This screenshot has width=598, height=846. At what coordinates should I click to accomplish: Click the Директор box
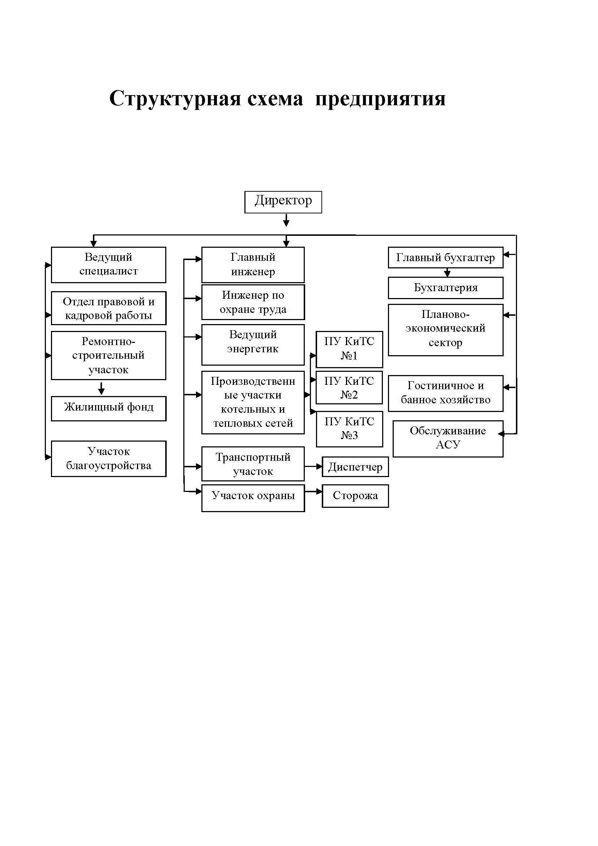(283, 202)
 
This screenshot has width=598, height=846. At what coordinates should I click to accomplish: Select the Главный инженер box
(253, 264)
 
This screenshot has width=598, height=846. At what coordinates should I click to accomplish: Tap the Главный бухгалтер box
(445, 258)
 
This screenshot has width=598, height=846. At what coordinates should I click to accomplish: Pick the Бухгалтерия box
(445, 288)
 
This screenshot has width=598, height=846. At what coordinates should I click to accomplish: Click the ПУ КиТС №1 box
(349, 349)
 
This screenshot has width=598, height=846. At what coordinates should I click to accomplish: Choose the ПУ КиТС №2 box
(349, 388)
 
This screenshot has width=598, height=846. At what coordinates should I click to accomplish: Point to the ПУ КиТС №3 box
(349, 429)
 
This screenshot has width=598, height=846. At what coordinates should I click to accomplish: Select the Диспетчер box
(355, 467)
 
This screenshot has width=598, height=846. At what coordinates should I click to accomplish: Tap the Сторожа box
(355, 496)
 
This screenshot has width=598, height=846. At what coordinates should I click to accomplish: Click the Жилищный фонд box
(108, 409)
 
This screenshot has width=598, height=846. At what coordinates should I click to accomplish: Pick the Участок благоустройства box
(108, 459)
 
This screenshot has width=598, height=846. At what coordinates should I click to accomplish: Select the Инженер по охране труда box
(253, 302)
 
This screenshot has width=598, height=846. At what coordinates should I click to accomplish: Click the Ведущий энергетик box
(253, 345)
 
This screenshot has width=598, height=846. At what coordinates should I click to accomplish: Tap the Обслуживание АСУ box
(448, 439)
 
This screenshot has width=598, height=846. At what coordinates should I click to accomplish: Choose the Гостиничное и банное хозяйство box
(445, 394)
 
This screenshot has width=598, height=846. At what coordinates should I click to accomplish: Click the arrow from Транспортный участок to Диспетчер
(313, 467)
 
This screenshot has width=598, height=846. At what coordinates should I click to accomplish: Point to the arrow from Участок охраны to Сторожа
(313, 492)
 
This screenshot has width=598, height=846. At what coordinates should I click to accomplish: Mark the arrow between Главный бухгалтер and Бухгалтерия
(447, 273)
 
